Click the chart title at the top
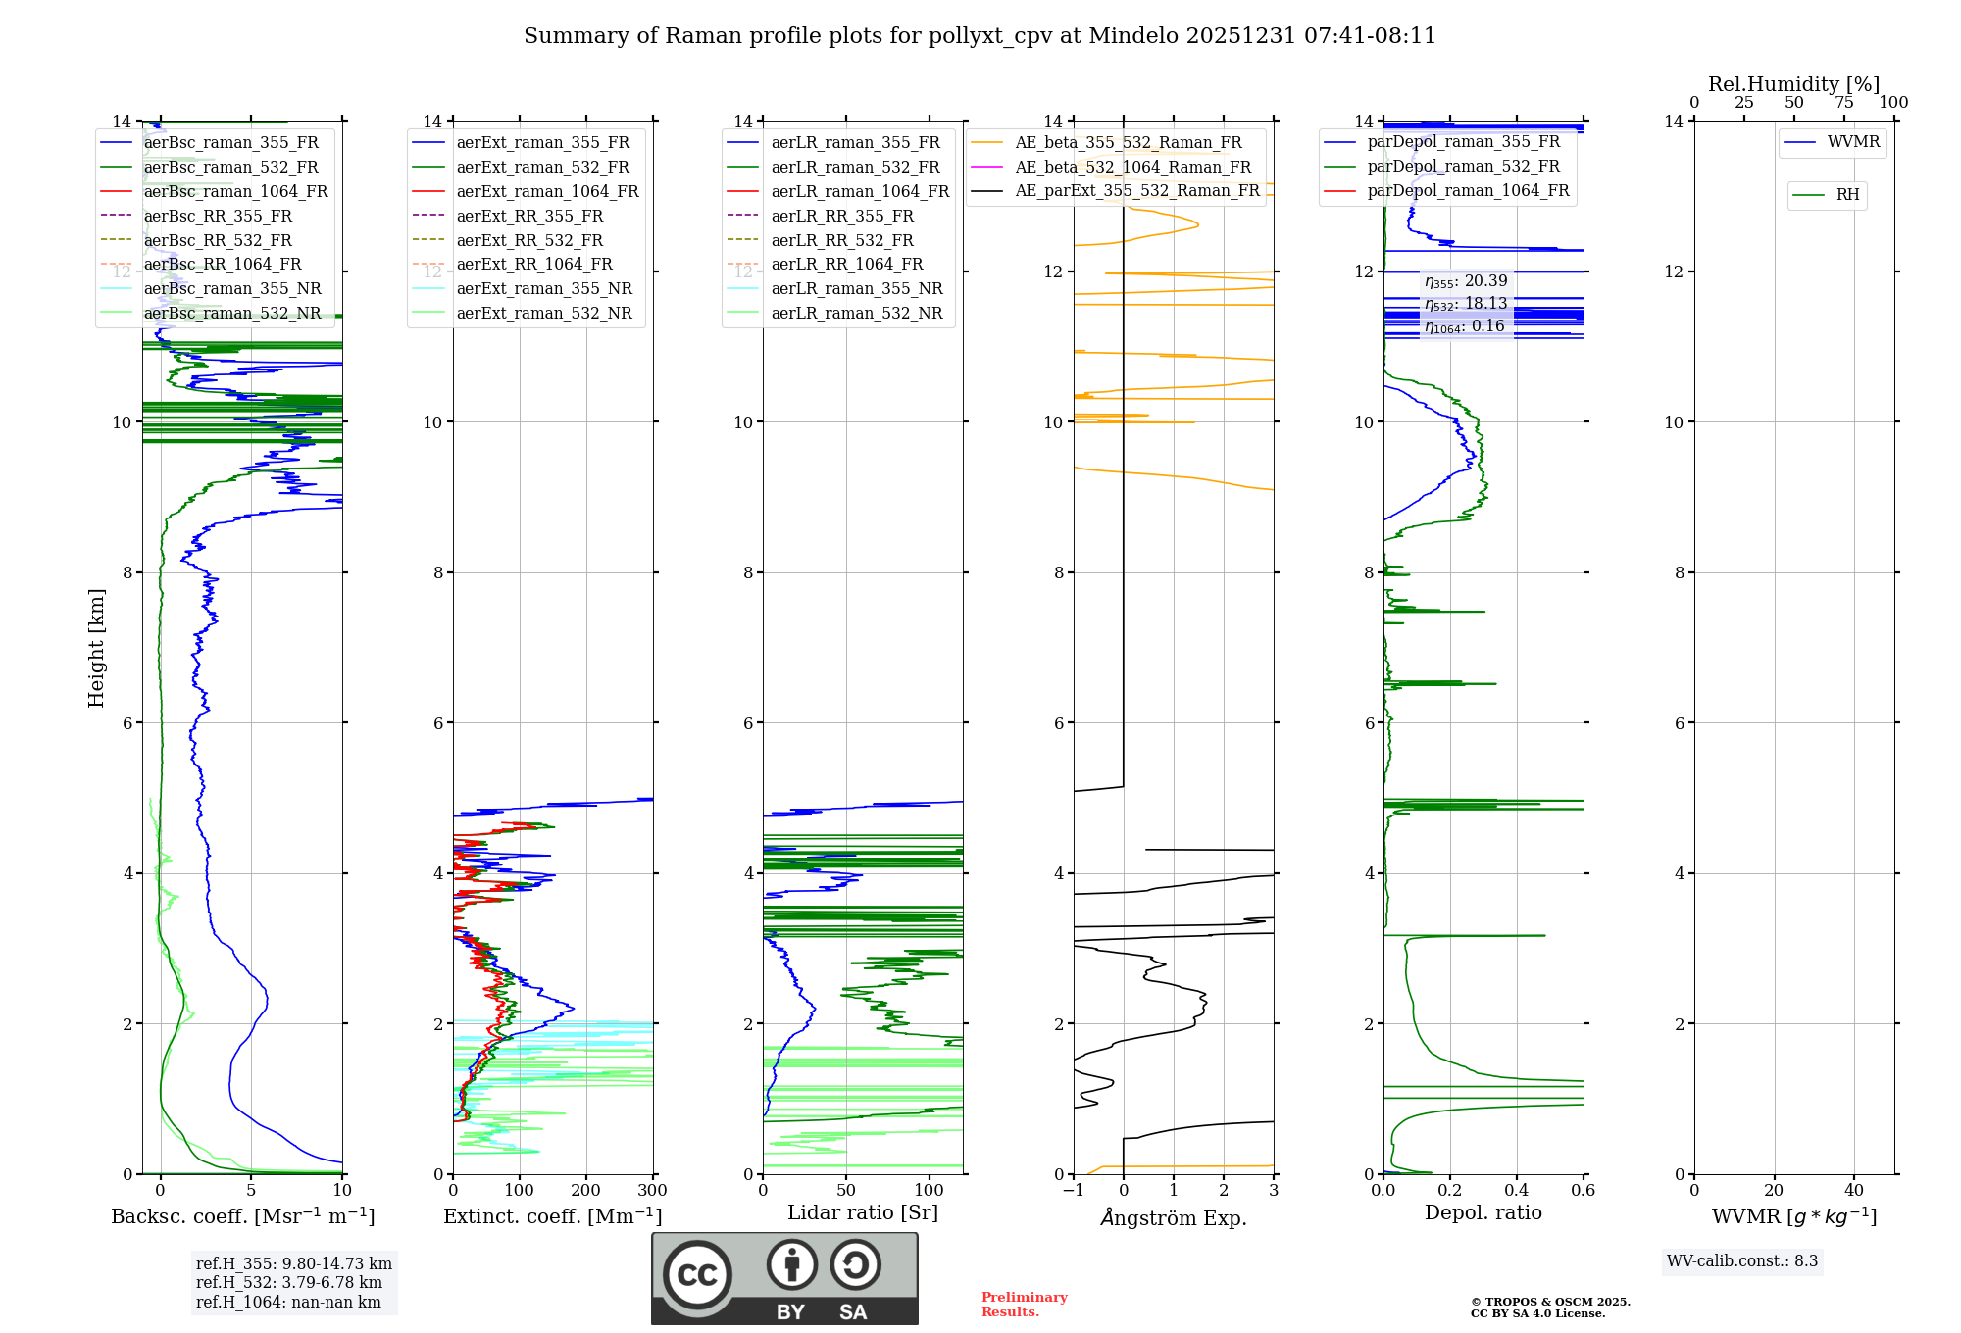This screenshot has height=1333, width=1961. tap(980, 36)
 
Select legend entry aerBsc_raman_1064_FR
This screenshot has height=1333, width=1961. tap(235, 191)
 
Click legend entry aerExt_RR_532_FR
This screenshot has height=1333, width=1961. tap(529, 240)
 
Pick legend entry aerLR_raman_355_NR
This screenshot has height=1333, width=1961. tap(856, 288)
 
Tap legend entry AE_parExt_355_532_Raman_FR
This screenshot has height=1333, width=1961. tap(1136, 190)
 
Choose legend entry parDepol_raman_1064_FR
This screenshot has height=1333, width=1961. tap(1468, 190)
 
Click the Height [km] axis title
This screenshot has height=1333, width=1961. tap(96, 648)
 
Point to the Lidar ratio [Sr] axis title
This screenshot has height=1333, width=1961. tap(863, 1212)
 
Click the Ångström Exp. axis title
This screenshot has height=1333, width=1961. tap(1174, 1217)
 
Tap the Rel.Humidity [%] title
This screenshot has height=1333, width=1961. tap(1793, 84)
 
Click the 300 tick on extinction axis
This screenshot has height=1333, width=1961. tap(653, 1191)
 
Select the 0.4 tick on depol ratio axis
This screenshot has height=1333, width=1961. tap(1517, 1191)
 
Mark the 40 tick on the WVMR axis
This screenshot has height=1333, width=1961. tap(1854, 1191)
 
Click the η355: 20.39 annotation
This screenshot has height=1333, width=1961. tap(1466, 281)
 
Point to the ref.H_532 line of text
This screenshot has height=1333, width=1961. tap(288, 1282)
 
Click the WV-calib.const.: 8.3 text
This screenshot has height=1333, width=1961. tap(1742, 1261)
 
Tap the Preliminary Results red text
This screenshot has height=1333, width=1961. tap(1024, 1305)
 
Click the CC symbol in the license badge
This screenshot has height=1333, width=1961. tap(697, 1274)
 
